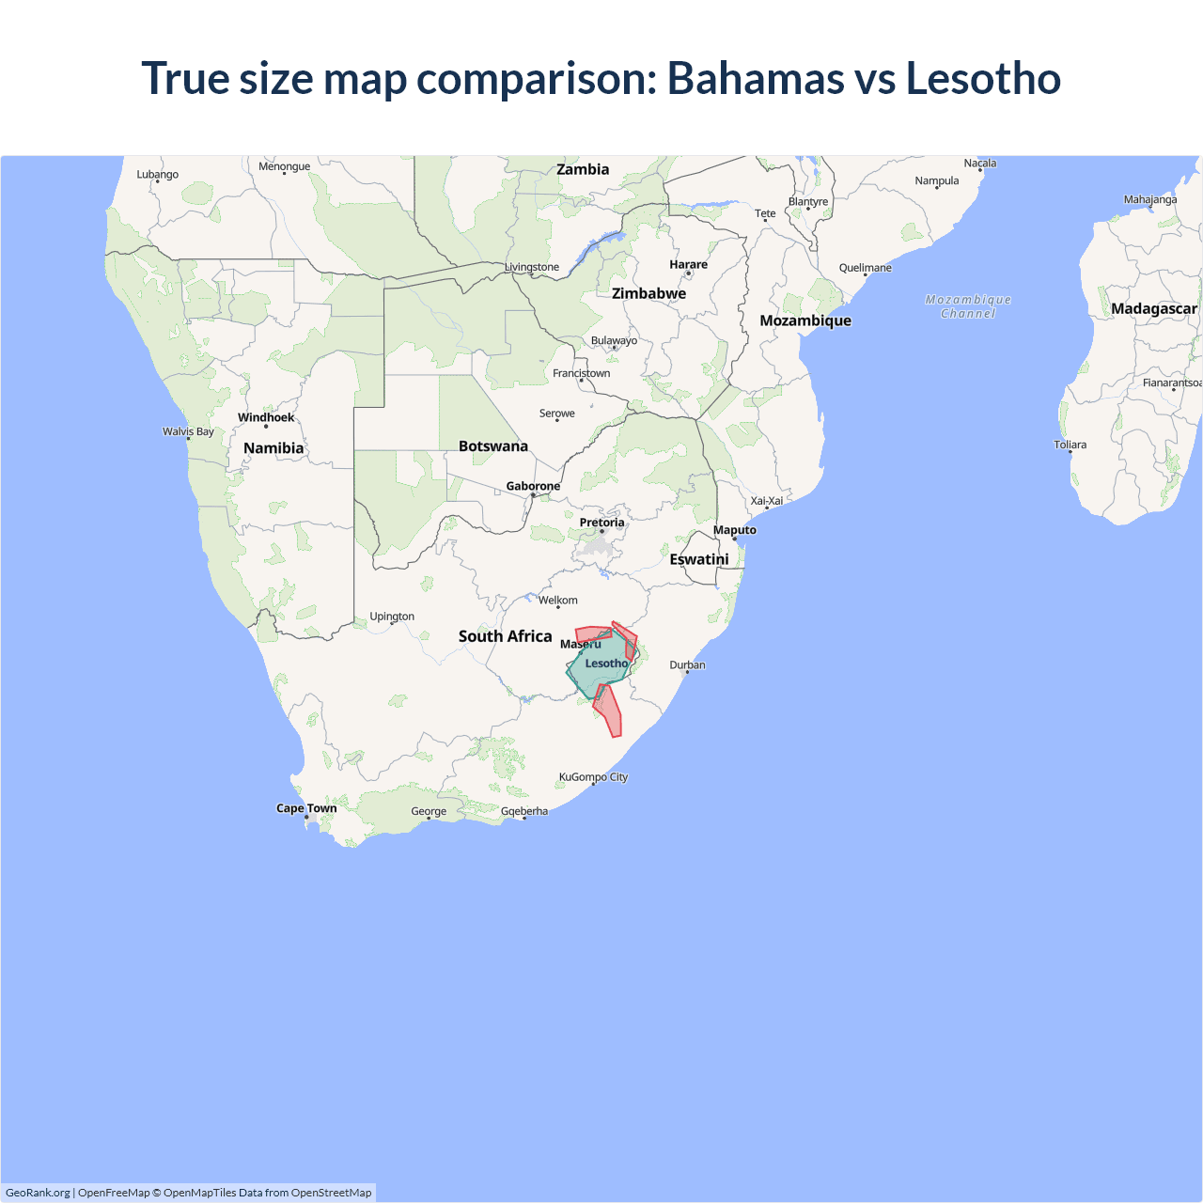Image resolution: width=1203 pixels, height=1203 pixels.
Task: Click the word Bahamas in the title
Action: tap(755, 78)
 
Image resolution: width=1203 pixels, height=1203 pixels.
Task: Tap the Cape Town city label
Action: tap(306, 808)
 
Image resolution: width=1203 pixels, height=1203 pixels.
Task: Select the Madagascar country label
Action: tap(1153, 308)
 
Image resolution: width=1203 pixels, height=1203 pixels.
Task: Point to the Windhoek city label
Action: tap(266, 417)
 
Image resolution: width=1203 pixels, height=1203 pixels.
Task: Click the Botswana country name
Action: tap(493, 446)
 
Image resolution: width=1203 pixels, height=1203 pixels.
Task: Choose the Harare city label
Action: tap(688, 264)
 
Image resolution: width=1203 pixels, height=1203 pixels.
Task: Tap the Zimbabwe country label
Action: tap(648, 293)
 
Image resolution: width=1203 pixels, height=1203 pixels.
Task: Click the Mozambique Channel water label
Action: tap(968, 306)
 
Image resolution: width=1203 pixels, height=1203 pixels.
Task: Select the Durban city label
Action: tap(687, 664)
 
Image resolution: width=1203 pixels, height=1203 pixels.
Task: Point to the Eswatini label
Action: tap(699, 559)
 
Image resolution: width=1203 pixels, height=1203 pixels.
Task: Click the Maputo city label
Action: tap(734, 530)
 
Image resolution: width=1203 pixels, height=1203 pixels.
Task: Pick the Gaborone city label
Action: tap(533, 486)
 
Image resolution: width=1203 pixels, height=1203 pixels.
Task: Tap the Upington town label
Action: tap(392, 617)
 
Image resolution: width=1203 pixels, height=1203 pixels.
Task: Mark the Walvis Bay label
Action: tap(188, 431)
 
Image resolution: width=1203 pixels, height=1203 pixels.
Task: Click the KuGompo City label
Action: tap(593, 777)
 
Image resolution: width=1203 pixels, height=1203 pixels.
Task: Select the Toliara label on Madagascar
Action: tap(1070, 445)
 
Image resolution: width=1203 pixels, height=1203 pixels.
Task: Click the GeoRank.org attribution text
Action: tap(38, 1193)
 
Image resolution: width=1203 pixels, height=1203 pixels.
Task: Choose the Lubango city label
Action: tap(157, 174)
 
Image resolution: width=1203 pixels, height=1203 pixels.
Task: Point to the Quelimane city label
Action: tap(865, 268)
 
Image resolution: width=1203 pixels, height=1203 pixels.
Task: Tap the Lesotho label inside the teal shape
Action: tap(606, 664)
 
